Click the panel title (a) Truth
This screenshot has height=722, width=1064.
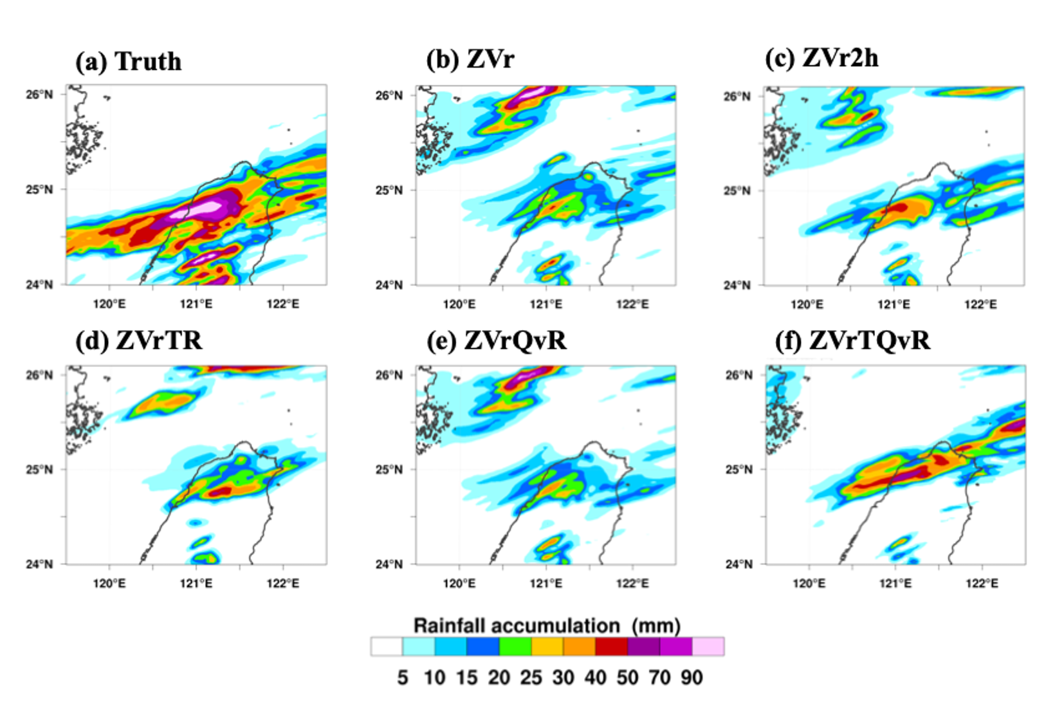point(128,62)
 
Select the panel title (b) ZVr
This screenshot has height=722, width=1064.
point(470,59)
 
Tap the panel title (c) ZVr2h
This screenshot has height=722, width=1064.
point(821,58)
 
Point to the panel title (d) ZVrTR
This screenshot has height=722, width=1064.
point(138,340)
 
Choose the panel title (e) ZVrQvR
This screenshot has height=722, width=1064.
point(496,340)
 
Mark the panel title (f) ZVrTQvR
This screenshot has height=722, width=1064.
point(852,340)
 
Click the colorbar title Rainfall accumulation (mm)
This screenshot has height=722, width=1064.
point(547,625)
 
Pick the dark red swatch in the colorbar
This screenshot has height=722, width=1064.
point(611,646)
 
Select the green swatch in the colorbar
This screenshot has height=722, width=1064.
point(515,646)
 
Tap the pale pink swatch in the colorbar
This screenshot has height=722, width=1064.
point(708,646)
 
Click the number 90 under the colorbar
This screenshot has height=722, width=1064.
point(692,678)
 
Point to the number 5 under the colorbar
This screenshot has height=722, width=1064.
point(403,678)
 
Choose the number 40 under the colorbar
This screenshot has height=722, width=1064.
point(595,678)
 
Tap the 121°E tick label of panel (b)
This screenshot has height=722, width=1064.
point(546,304)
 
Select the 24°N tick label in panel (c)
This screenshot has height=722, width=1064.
point(737,285)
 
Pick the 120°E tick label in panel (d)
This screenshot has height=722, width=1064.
point(109,584)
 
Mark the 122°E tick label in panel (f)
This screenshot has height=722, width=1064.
point(982,584)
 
